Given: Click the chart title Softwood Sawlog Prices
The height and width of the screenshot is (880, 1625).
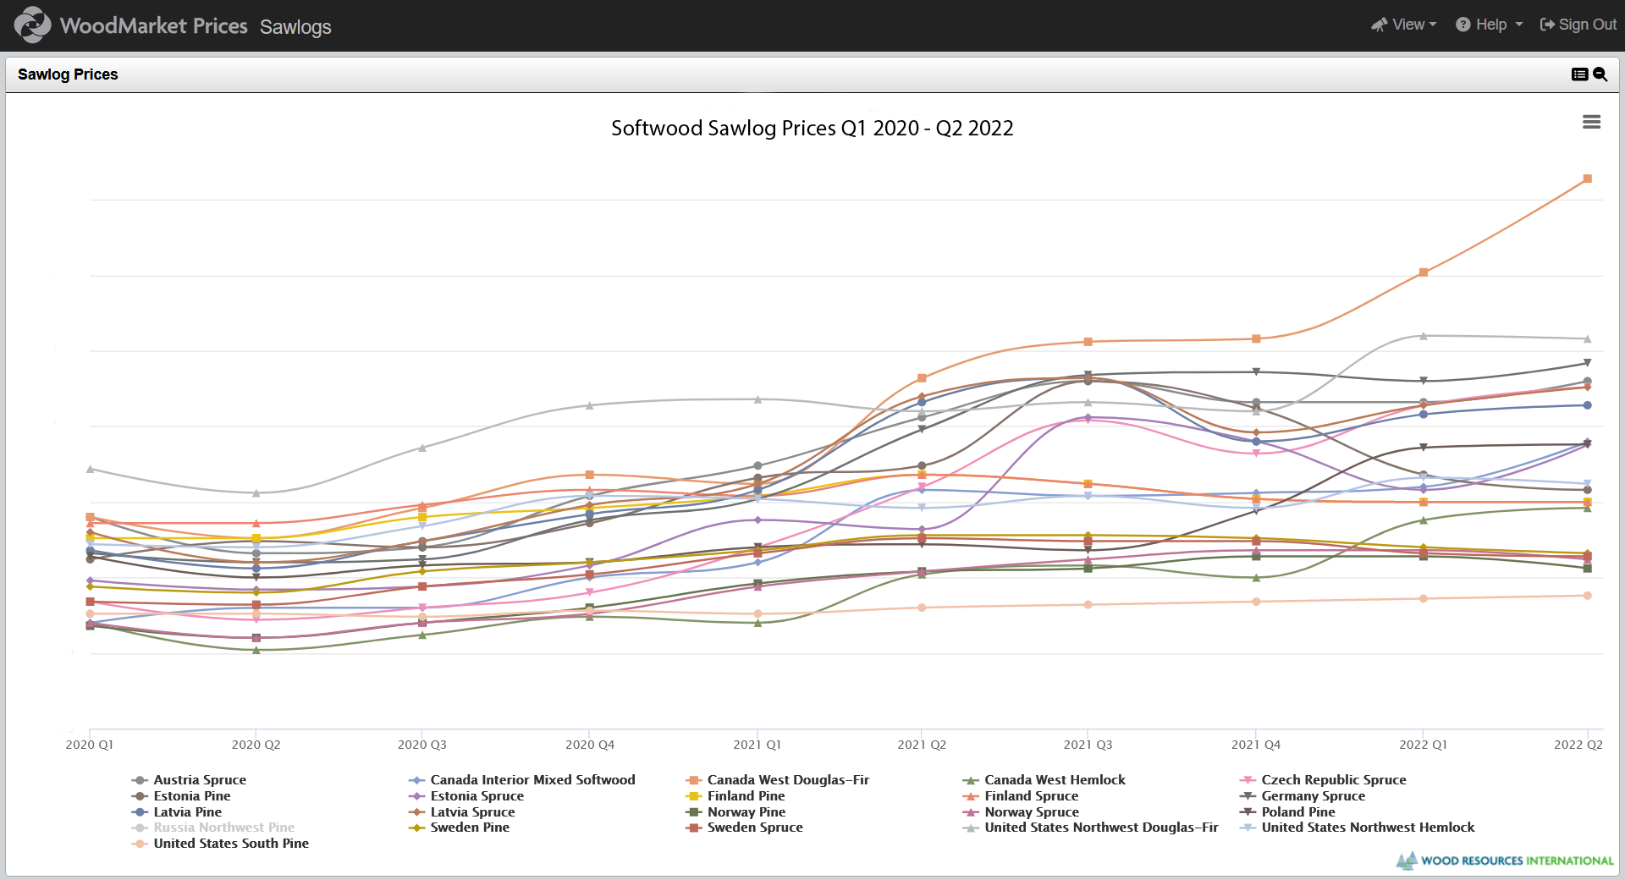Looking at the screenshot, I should [x=812, y=129].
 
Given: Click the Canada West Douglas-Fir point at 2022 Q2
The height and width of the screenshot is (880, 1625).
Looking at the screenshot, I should [x=1587, y=179].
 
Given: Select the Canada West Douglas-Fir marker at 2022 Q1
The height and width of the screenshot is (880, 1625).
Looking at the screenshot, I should [x=1423, y=272].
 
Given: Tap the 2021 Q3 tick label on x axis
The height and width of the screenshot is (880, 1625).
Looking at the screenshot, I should [x=1088, y=745].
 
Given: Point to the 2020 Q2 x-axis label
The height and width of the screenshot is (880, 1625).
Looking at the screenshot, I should [x=256, y=745].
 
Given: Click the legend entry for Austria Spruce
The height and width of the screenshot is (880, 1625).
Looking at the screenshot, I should [x=199, y=780].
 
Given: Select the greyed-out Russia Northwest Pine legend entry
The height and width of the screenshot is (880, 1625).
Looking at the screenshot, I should [x=223, y=828].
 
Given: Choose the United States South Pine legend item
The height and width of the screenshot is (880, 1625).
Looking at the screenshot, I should [x=230, y=844].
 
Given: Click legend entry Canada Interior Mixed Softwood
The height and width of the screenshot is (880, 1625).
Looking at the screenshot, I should [x=532, y=780].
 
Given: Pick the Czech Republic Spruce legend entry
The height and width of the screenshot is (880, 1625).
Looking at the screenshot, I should [x=1333, y=780].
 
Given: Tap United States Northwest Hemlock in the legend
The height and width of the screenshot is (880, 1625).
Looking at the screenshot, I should [x=1367, y=828].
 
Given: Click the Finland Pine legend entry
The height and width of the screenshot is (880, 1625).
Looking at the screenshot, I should [x=745, y=796].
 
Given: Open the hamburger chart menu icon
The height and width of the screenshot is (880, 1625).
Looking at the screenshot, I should [x=1591, y=123].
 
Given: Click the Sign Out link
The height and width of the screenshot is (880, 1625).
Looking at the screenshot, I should [x=1578, y=25].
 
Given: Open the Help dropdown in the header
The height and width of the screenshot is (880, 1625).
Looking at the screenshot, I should [x=1490, y=25].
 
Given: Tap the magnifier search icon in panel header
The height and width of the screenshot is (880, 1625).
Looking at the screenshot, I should [x=1600, y=74].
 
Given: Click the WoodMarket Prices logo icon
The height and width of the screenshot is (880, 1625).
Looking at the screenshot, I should [x=32, y=25].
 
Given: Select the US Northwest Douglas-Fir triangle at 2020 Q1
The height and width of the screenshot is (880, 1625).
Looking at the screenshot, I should [x=90, y=469].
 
